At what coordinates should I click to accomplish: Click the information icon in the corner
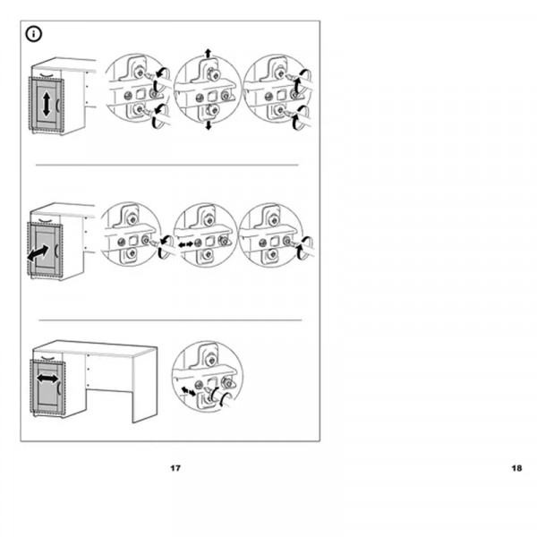click(34, 34)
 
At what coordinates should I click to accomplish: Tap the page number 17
click(175, 468)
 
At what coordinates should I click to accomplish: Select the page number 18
click(516, 468)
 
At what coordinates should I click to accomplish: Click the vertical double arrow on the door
click(47, 104)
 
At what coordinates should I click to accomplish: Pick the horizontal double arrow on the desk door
click(47, 379)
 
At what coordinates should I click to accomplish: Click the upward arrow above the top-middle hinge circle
click(208, 53)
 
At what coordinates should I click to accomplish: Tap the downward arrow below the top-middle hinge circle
click(209, 125)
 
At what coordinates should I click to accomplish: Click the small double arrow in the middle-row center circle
click(185, 245)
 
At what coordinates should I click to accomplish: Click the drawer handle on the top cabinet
click(47, 75)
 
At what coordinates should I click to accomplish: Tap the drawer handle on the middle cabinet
click(46, 220)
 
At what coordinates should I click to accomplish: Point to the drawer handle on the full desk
click(48, 358)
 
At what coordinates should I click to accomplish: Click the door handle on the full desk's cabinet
click(59, 387)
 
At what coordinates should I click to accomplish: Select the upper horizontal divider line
click(167, 165)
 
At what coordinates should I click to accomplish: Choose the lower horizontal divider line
click(170, 320)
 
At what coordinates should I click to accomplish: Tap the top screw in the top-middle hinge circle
click(213, 74)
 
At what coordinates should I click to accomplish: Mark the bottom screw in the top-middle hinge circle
click(212, 110)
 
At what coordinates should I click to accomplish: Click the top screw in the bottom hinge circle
click(211, 360)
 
